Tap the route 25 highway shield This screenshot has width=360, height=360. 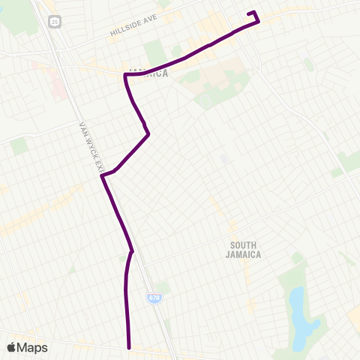[x=55, y=22]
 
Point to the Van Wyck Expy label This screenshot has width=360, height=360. [x=88, y=147]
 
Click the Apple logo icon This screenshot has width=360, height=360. [x=12, y=347]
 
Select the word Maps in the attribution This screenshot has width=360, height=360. [x=33, y=347]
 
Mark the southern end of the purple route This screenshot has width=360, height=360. [x=130, y=347]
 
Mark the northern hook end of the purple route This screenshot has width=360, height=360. [x=249, y=13]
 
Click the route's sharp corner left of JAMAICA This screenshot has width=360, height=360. [x=125, y=76]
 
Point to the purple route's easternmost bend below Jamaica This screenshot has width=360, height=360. [x=149, y=134]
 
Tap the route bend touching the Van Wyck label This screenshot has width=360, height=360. [x=102, y=175]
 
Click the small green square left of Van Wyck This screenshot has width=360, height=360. [x=19, y=145]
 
